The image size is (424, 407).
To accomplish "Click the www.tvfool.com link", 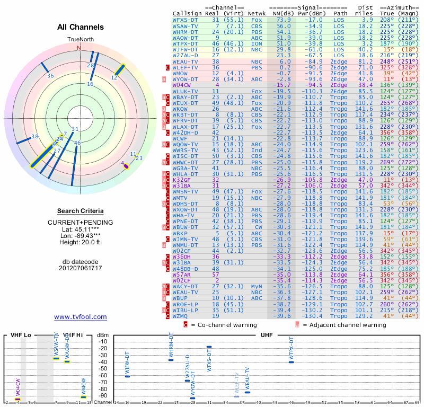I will point(81,317).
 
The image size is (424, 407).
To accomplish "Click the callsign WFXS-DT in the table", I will point(185,19).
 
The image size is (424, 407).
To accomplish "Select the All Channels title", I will point(81,27).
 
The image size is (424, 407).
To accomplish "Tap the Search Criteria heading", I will point(81,211).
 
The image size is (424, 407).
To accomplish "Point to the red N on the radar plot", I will point(79,47).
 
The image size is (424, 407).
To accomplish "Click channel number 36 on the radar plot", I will point(50,76).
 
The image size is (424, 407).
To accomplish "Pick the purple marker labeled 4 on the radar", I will point(126,165).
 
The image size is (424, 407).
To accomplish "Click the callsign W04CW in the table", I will point(182,85).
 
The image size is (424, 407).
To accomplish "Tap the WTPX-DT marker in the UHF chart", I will point(291,362).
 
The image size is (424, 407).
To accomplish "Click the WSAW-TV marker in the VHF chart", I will point(56,359).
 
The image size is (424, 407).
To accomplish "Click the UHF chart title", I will point(267,335).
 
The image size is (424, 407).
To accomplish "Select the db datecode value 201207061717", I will point(81,268).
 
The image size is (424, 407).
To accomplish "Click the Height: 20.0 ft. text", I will point(81,243).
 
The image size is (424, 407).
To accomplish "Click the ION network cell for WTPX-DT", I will point(257,43).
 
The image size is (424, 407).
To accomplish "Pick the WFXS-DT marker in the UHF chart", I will point(209,347).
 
